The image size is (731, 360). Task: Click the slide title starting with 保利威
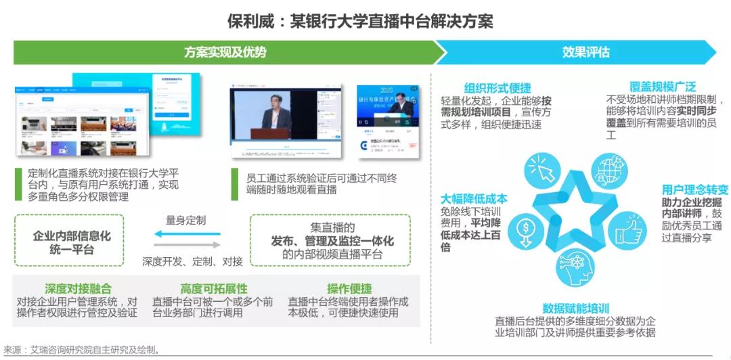[365, 20]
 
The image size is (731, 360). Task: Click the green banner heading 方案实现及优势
[225, 52]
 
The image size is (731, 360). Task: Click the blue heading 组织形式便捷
[497, 88]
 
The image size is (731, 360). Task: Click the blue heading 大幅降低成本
[474, 199]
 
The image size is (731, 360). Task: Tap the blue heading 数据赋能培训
[575, 309]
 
